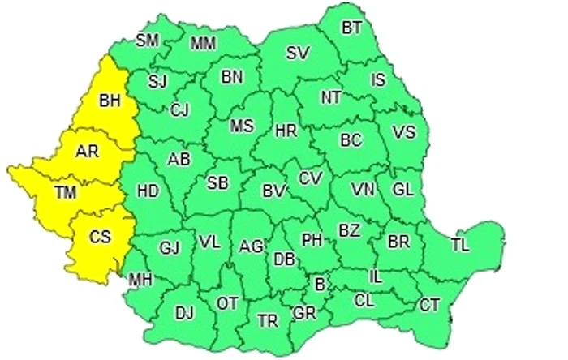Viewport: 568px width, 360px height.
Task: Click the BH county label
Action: pyautogui.click(x=108, y=101)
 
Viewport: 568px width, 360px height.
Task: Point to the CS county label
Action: pyautogui.click(x=100, y=237)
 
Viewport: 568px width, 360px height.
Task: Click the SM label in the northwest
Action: pyautogui.click(x=147, y=40)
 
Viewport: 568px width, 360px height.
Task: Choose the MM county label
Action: pyautogui.click(x=203, y=43)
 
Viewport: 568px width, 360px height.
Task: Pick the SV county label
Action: pyautogui.click(x=298, y=54)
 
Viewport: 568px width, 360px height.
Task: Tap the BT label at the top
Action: pyautogui.click(x=351, y=28)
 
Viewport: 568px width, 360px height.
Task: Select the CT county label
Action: pyautogui.click(x=429, y=305)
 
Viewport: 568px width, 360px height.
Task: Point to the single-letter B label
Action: pyautogui.click(x=320, y=284)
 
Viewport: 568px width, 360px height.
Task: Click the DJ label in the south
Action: pyautogui.click(x=185, y=312)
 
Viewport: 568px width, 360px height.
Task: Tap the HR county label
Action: pyautogui.click(x=286, y=130)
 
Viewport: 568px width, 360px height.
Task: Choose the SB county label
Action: pyautogui.click(x=217, y=183)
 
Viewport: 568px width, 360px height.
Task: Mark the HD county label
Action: pyautogui.click(x=147, y=191)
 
